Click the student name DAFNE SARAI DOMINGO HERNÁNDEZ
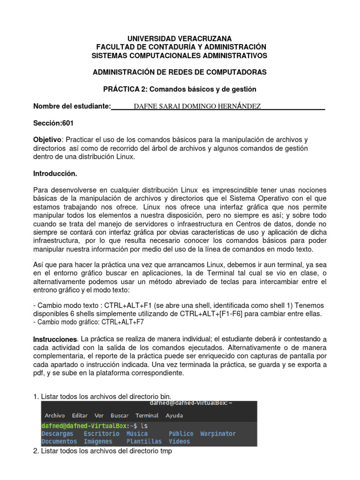coord(197,106)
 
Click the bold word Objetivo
coord(47,140)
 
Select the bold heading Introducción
coord(55,173)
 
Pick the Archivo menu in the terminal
coord(54,415)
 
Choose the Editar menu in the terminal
coord(80,415)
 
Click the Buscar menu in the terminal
coord(120,415)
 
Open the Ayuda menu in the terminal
coord(174,415)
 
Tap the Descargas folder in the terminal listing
coord(57,434)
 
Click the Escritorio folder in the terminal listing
coord(101,434)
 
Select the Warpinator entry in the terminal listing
coord(218,434)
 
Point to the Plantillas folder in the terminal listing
coord(144,441)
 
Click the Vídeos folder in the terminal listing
coord(180,441)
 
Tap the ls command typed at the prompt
coord(144,426)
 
